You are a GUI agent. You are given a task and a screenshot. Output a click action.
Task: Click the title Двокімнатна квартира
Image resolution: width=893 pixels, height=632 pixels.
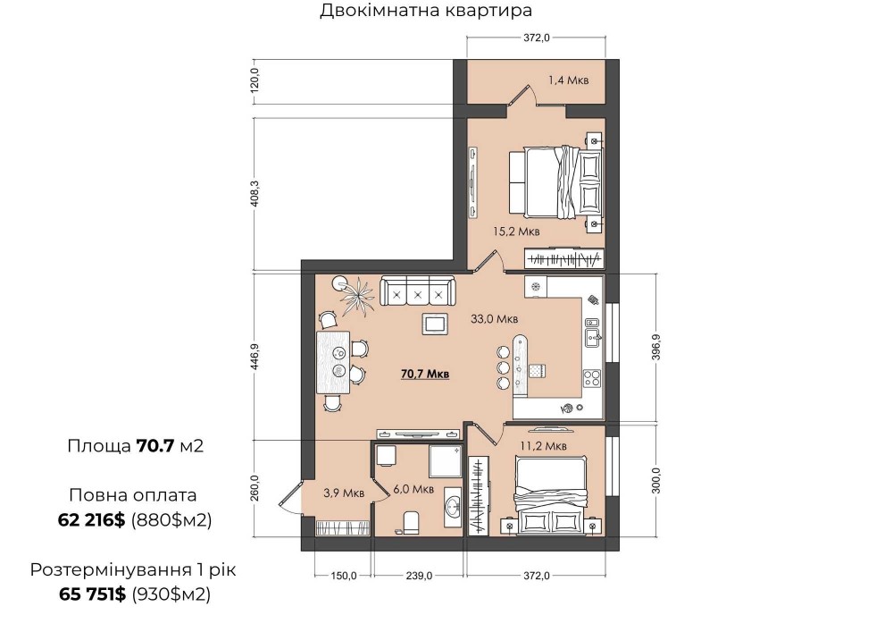426,10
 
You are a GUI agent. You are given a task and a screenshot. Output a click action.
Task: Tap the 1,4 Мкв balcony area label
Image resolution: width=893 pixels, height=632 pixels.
568,80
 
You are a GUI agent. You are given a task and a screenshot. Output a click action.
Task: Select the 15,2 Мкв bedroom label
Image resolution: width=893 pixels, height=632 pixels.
516,232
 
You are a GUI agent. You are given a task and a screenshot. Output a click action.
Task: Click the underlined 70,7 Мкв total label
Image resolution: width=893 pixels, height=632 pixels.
425,374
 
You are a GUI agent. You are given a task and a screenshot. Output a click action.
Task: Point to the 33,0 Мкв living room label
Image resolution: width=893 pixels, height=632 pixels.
495,319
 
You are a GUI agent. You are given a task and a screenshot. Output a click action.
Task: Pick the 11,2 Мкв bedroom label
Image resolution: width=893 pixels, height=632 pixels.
543,446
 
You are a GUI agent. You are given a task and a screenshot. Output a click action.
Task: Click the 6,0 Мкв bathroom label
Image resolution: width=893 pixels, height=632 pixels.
413,489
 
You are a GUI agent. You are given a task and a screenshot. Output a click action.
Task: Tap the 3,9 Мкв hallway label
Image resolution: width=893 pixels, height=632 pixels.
344,493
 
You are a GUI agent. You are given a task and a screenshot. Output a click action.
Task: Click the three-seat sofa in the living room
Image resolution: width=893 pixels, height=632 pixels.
418,291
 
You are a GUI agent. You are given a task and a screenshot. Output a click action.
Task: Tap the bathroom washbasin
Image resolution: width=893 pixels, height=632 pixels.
454,505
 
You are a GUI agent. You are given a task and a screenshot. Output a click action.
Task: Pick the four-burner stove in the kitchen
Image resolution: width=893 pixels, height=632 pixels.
592,378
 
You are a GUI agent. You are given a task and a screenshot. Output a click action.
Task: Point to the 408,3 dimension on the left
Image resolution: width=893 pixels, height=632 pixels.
255,194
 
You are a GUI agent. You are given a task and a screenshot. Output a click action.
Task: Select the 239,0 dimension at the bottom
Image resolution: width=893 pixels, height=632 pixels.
419,576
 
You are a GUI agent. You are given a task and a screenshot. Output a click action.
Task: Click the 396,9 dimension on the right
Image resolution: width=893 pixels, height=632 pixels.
656,347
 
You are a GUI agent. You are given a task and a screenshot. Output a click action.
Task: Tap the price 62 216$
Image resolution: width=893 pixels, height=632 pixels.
91,519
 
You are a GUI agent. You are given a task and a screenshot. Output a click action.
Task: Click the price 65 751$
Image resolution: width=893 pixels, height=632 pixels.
92,594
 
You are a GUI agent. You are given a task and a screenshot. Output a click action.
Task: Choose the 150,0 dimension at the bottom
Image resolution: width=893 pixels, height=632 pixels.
344,576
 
